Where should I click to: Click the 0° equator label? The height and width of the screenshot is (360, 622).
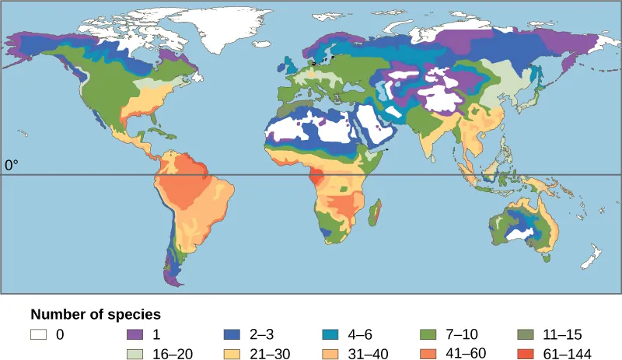coord(11,165)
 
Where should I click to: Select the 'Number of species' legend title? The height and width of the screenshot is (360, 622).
coord(96,315)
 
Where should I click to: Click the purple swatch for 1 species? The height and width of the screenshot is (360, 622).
coord(137,335)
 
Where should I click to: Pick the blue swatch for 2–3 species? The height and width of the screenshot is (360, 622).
coord(234,335)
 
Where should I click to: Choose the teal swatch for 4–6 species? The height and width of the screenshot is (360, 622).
coord(331,335)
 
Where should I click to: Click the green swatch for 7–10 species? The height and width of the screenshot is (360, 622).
coord(428,335)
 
